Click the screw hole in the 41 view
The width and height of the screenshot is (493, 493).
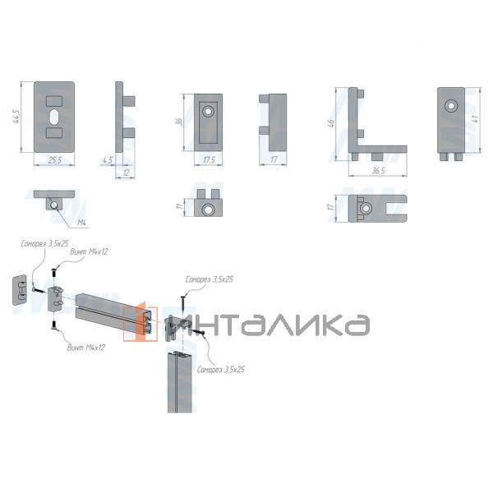click(449, 107)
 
